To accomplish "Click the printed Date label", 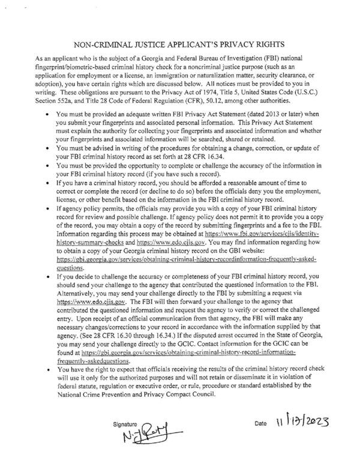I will tap(260, 425).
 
